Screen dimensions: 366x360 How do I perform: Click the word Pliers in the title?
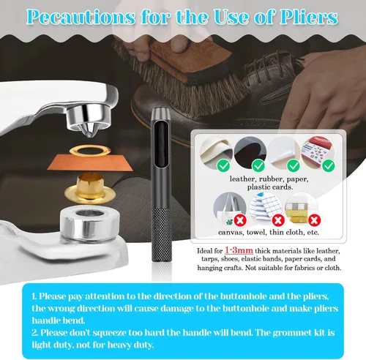click(309, 17)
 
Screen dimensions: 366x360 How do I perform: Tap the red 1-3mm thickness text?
click(239, 250)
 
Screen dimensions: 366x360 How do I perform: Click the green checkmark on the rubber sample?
click(258, 166)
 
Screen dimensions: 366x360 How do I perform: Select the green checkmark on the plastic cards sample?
click(329, 165)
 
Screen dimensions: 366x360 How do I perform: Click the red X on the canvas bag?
click(240, 220)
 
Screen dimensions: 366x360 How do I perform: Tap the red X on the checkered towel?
click(278, 220)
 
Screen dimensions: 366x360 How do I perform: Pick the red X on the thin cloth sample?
click(315, 220)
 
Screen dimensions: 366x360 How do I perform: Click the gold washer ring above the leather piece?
click(90, 151)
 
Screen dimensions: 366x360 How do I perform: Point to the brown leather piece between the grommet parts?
click(90, 162)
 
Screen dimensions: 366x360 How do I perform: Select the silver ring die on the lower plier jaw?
click(90, 223)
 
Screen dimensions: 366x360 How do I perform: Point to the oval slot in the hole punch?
click(161, 144)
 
